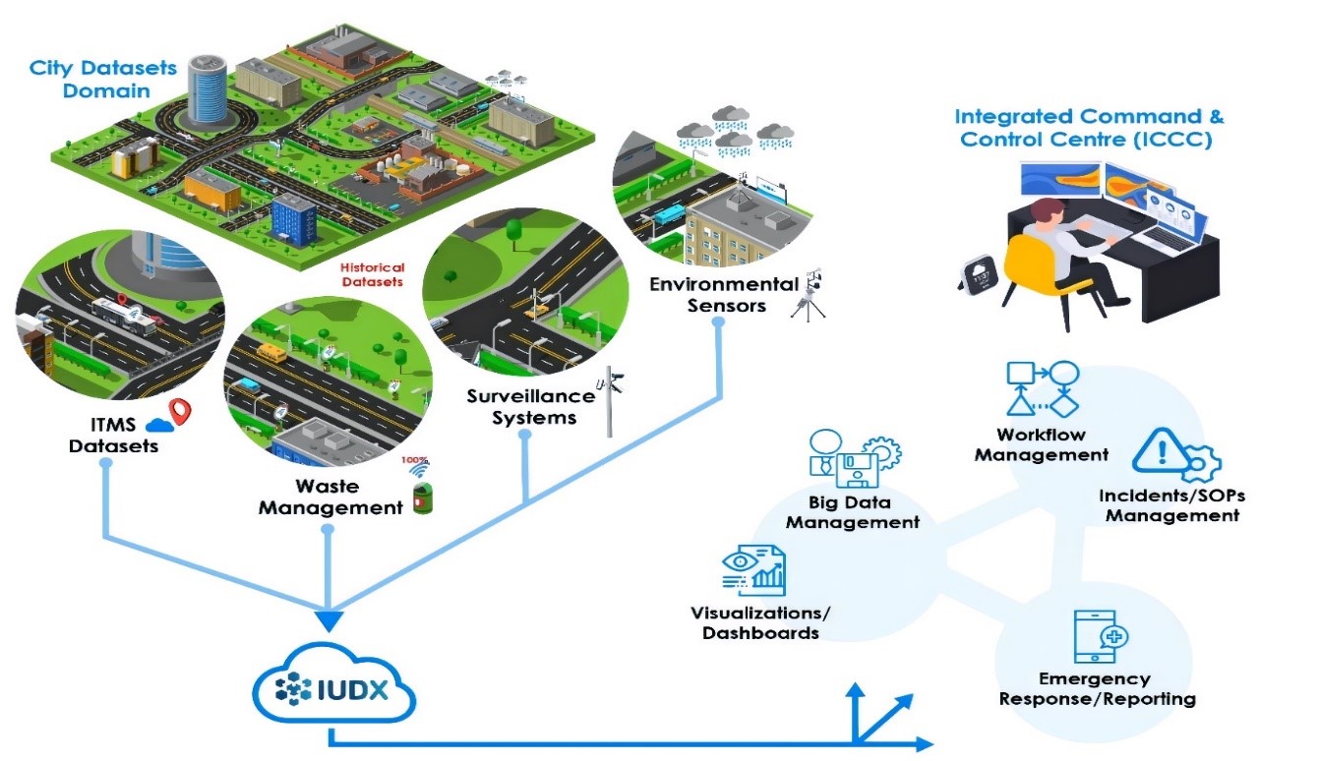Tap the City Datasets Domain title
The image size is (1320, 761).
point(103,79)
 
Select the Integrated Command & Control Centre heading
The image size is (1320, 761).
point(1090,128)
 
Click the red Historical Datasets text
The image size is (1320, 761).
point(371,274)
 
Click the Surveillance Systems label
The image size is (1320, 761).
point(531,406)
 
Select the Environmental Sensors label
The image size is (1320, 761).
point(724,295)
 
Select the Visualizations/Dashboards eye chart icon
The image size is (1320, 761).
point(752,569)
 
